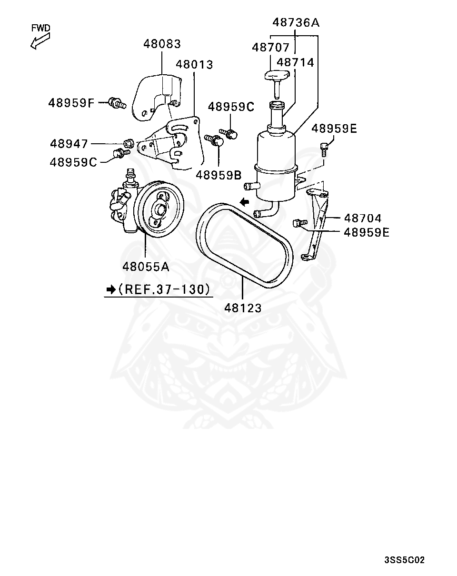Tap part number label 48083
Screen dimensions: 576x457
pos(162,44)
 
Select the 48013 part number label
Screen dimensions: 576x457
pos(194,64)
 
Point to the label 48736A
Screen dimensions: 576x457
pos(295,22)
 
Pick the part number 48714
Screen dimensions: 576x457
pos(295,62)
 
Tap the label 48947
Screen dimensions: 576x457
pos(69,143)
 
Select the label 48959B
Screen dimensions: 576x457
pos(219,175)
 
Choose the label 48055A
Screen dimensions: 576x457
pos(146,267)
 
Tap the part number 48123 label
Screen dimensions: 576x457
pos(243,308)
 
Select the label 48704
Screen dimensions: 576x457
pos(363,218)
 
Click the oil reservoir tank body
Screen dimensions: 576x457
pos(276,162)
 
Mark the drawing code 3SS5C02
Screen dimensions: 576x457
pos(404,560)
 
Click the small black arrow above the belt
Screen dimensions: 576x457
pos(244,202)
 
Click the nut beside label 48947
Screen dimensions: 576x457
pos(128,142)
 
